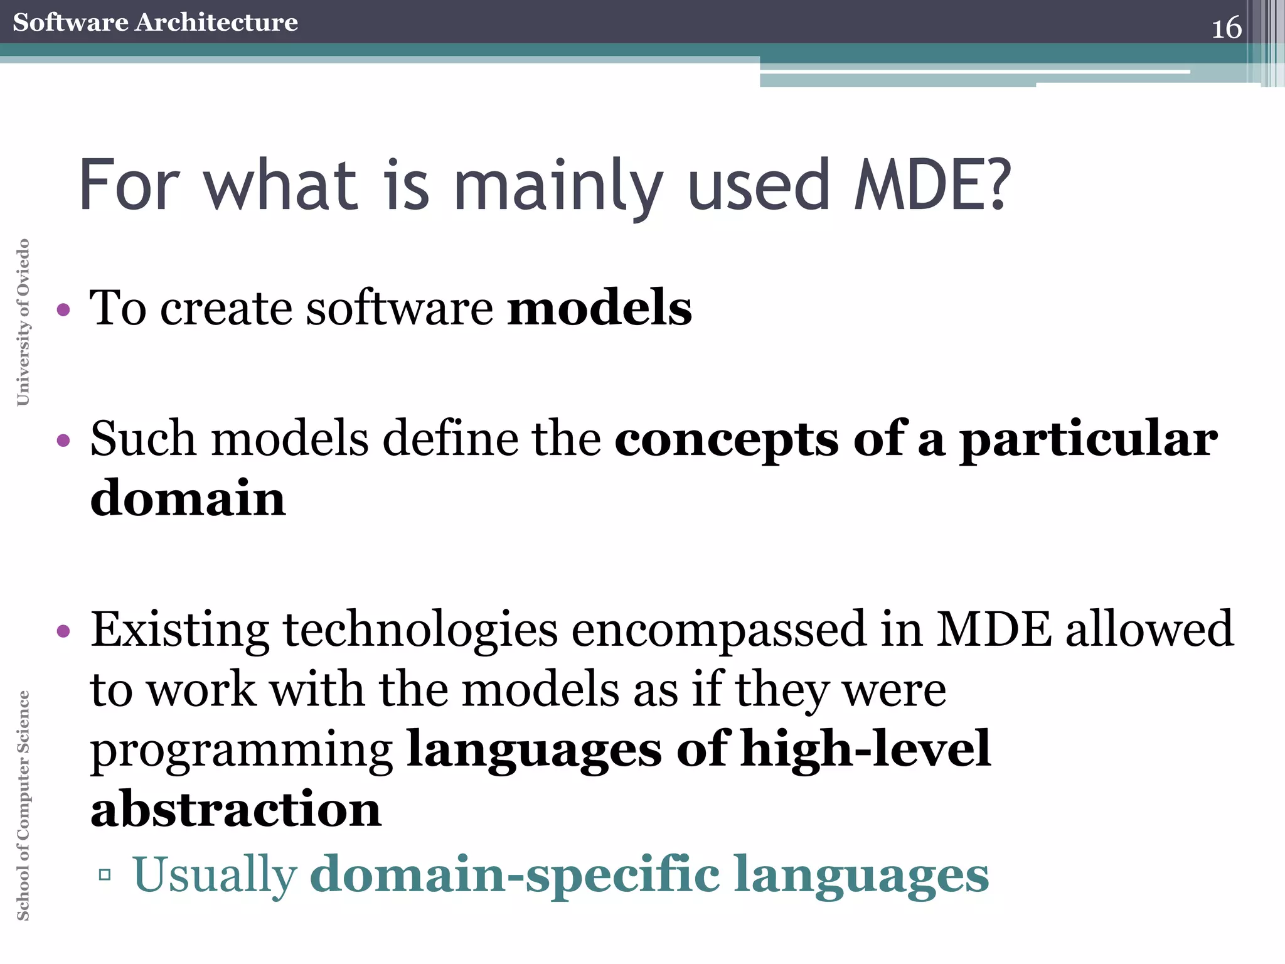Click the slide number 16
tap(1226, 28)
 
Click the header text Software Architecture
tap(155, 22)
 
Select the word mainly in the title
tap(558, 186)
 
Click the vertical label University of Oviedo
tap(23, 322)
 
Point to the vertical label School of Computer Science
tap(23, 805)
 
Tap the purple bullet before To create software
tap(63, 309)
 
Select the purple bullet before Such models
tap(63, 440)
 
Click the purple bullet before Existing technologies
tap(63, 631)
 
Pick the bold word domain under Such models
tap(188, 498)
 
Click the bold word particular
tap(1089, 440)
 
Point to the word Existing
tap(180, 629)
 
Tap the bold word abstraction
tap(236, 809)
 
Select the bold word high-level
tap(865, 749)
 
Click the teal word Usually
tap(215, 875)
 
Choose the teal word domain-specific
tap(515, 875)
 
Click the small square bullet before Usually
tap(105, 874)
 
